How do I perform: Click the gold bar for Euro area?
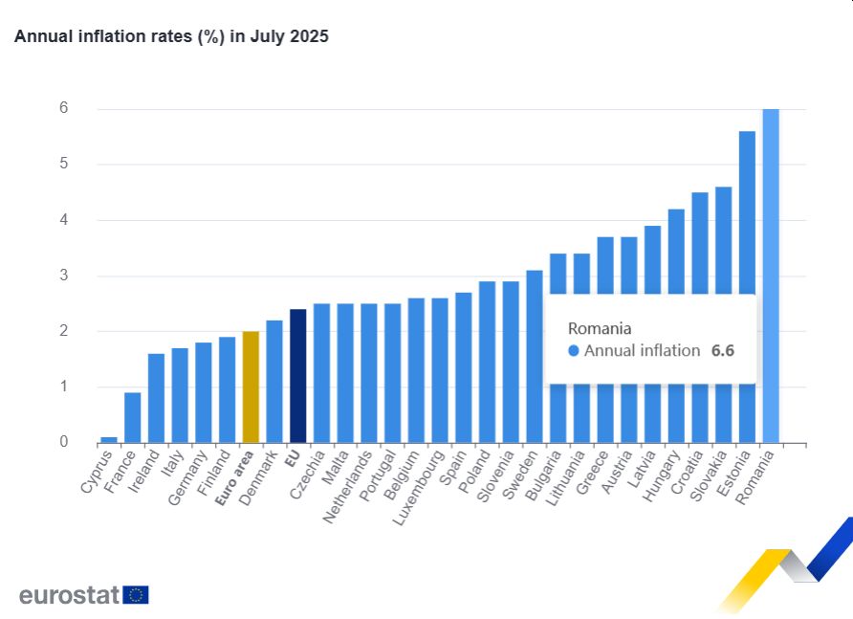click(251, 387)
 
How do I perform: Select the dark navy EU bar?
click(297, 376)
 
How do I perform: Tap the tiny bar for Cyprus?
click(109, 440)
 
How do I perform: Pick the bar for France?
click(132, 417)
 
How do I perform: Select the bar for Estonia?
click(747, 287)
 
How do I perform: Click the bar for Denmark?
click(273, 381)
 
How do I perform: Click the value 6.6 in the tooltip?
click(722, 350)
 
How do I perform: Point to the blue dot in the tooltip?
click(574, 351)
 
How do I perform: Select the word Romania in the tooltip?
click(600, 328)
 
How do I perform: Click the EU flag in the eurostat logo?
click(136, 595)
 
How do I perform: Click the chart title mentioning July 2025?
click(171, 37)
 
